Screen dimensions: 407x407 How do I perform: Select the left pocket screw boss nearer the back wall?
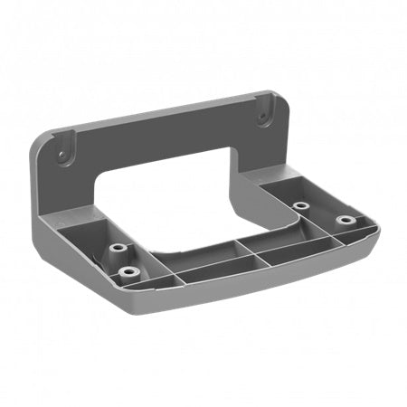coord(117,247)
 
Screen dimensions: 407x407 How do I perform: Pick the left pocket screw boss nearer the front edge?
coord(127,270)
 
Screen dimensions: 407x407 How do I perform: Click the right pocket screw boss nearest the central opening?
coord(300,206)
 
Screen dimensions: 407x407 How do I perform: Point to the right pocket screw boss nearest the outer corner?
coord(345,220)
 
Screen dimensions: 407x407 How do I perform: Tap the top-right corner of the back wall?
coord(272,94)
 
